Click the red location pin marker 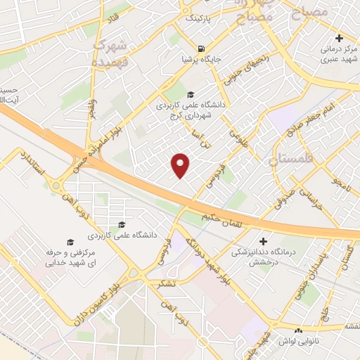click(x=181, y=165)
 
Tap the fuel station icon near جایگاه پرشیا click(x=202, y=49)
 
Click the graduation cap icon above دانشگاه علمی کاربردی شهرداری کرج click(x=189, y=95)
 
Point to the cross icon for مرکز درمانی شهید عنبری click(x=339, y=38)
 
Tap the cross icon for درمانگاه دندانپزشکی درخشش click(x=264, y=240)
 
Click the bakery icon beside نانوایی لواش click(x=298, y=330)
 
